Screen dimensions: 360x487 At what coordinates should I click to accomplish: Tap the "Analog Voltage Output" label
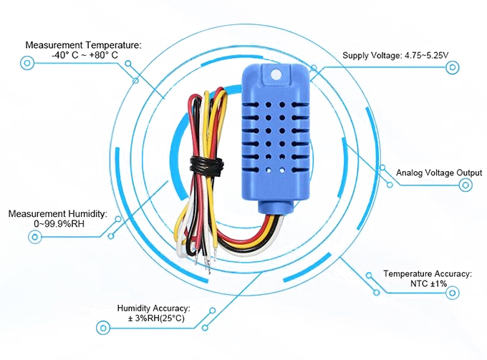pyautogui.click(x=439, y=173)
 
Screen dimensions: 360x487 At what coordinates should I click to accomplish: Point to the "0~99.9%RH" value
pyautogui.click(x=59, y=224)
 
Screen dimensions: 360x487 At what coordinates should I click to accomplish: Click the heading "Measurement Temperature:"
pyautogui.click(x=84, y=44)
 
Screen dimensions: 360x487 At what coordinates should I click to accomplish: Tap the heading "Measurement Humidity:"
pyautogui.click(x=57, y=213)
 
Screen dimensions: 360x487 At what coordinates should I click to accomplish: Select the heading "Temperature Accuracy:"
pyautogui.click(x=427, y=273)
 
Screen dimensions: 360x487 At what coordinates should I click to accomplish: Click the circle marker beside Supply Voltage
pyautogui.click(x=452, y=67)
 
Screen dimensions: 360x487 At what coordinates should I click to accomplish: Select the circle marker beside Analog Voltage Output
pyautogui.click(x=466, y=185)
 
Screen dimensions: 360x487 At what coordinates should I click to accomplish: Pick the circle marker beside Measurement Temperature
pyautogui.click(x=27, y=63)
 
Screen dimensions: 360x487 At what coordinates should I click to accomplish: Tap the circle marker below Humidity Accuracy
pyautogui.click(x=104, y=329)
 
